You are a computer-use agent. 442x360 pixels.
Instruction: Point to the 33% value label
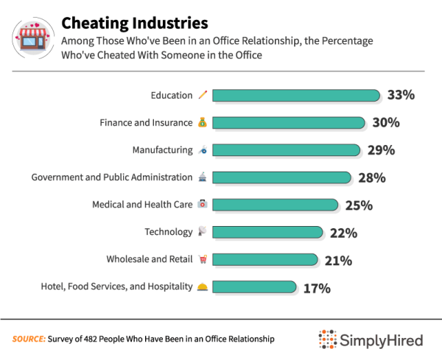tap(401, 95)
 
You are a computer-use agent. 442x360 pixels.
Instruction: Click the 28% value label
tap(371, 177)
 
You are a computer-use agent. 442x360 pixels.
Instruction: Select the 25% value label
tap(357, 205)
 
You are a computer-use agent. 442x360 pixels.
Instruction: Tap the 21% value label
tap(337, 260)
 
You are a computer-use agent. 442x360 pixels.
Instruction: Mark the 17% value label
tap(316, 288)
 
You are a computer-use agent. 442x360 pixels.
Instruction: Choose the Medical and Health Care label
tap(142, 205)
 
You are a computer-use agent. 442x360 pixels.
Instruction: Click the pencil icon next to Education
tap(203, 95)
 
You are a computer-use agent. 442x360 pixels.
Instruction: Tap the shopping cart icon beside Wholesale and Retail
tap(203, 260)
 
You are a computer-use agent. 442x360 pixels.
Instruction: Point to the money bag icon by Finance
tap(203, 122)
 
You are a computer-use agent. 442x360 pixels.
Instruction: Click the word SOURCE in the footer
tap(28, 339)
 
